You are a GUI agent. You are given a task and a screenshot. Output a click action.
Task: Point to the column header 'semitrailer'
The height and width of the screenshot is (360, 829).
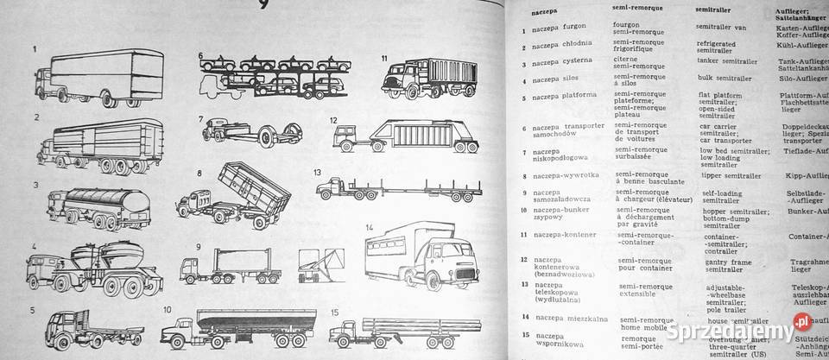tap(716, 9)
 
